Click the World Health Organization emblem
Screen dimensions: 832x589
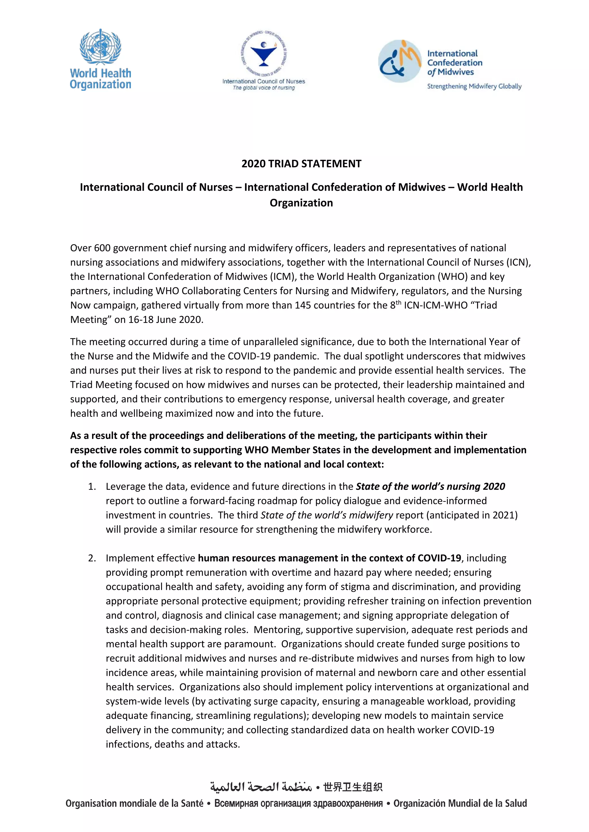coord(100,47)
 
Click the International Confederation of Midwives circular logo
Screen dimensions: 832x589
coord(400,61)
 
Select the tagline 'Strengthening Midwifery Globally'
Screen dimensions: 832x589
coord(474,86)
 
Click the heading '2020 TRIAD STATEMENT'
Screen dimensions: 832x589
coord(301,164)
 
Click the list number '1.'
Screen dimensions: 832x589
coord(92,486)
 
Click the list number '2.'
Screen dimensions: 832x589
coord(92,558)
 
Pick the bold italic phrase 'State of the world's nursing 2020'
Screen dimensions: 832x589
coord(430,486)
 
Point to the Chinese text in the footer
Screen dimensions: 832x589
coord(353,787)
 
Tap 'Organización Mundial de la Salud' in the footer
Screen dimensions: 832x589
coord(460,803)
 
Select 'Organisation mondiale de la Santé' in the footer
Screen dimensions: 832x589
coord(134,803)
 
